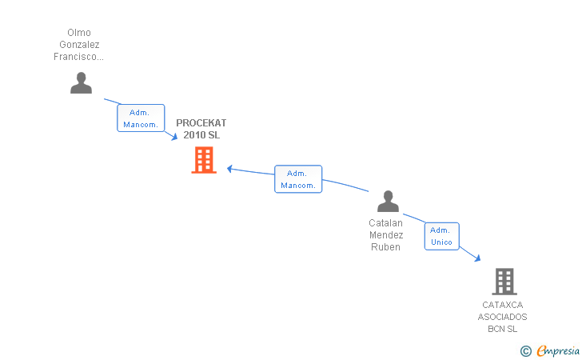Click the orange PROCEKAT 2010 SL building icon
pyautogui.click(x=204, y=160)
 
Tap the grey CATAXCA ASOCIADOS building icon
pyautogui.click(x=504, y=282)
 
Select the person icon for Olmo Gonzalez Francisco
pyautogui.click(x=81, y=83)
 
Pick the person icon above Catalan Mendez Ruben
pyautogui.click(x=388, y=201)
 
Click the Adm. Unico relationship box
pyautogui.click(x=441, y=236)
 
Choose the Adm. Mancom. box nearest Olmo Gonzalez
pyautogui.click(x=141, y=118)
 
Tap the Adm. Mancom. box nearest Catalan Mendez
pyautogui.click(x=298, y=179)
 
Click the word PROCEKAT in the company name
pyautogui.click(x=201, y=123)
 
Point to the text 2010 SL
pyautogui.click(x=201, y=135)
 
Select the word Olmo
pyautogui.click(x=79, y=33)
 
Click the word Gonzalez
pyautogui.click(x=79, y=45)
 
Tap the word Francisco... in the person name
pyautogui.click(x=78, y=57)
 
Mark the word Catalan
pyautogui.click(x=385, y=223)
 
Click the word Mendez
pyautogui.click(x=386, y=234)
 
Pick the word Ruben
pyautogui.click(x=385, y=247)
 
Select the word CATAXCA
pyautogui.click(x=503, y=305)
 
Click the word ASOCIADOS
pyautogui.click(x=502, y=317)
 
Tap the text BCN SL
pyautogui.click(x=502, y=329)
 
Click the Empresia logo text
pyautogui.click(x=558, y=350)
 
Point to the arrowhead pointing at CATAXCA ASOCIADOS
pyautogui.click(x=478, y=258)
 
